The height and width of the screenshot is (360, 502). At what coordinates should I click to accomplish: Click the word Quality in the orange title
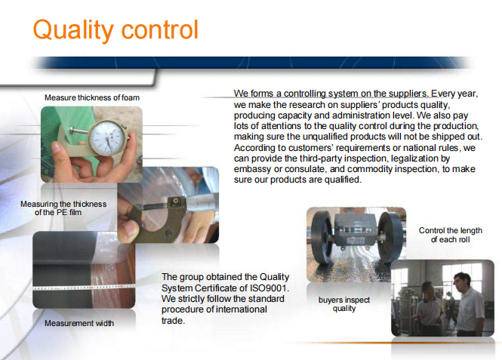(73, 30)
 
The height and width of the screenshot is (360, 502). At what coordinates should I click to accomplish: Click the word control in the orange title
(160, 29)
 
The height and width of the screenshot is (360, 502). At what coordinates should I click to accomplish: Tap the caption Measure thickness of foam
(92, 97)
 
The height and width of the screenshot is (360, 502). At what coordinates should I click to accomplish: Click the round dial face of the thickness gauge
(107, 137)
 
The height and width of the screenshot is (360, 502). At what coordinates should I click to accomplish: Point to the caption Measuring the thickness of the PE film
(63, 208)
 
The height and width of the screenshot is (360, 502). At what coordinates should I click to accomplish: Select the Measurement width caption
(79, 323)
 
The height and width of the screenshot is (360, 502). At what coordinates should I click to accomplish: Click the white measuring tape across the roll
(84, 287)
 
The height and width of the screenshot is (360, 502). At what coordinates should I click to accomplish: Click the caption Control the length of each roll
(451, 235)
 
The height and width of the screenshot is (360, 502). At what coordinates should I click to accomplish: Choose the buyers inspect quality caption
(344, 304)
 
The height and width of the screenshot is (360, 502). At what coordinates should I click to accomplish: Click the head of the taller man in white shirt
(462, 282)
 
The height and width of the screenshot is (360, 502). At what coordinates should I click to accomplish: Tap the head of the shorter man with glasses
(428, 291)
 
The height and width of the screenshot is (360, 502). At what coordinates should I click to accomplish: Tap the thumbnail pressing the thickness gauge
(58, 147)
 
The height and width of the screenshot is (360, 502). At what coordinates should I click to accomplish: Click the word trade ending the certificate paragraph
(173, 321)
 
